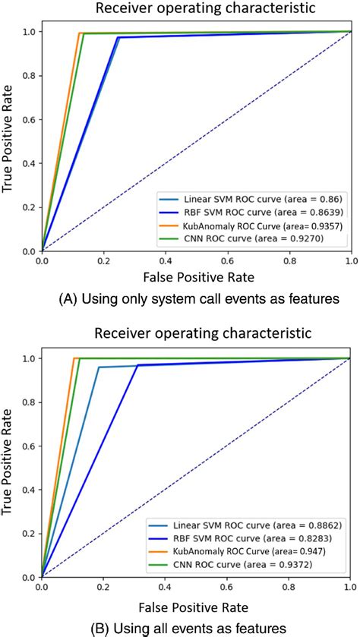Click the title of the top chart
[195, 9]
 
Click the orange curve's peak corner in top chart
[79, 33]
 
